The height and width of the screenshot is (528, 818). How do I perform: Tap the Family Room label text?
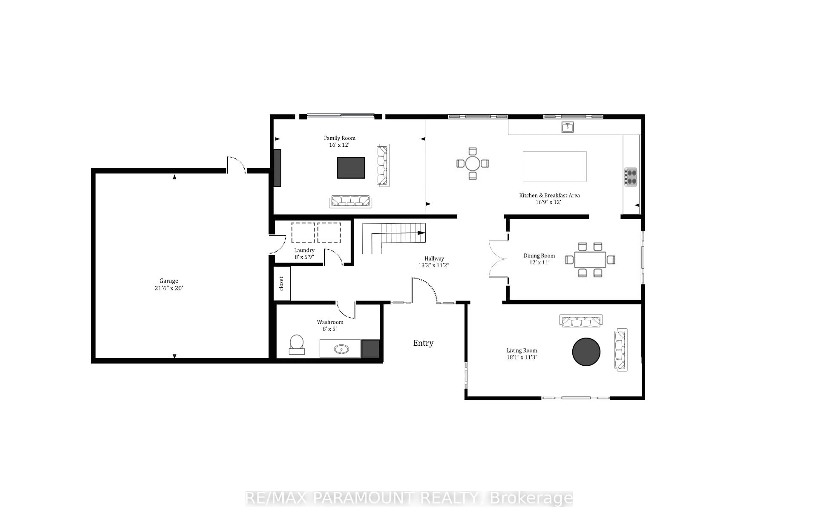point(340,138)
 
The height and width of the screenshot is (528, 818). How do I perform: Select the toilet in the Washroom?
point(297,345)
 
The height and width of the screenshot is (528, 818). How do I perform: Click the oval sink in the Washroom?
point(341,349)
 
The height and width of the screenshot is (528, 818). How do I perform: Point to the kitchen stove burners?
point(631,177)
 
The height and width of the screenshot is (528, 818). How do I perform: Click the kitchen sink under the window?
point(567,127)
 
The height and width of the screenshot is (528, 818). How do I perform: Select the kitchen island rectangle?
point(554,167)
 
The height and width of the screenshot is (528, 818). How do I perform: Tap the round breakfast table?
point(472,164)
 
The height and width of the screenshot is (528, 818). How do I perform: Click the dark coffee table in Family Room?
point(351,168)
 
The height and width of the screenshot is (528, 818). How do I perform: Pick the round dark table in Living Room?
point(586,352)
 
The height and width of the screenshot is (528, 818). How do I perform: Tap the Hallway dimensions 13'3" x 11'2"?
point(434,265)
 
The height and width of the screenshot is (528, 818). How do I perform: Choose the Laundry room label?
point(304,250)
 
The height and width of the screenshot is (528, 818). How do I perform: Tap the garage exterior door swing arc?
point(237,164)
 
